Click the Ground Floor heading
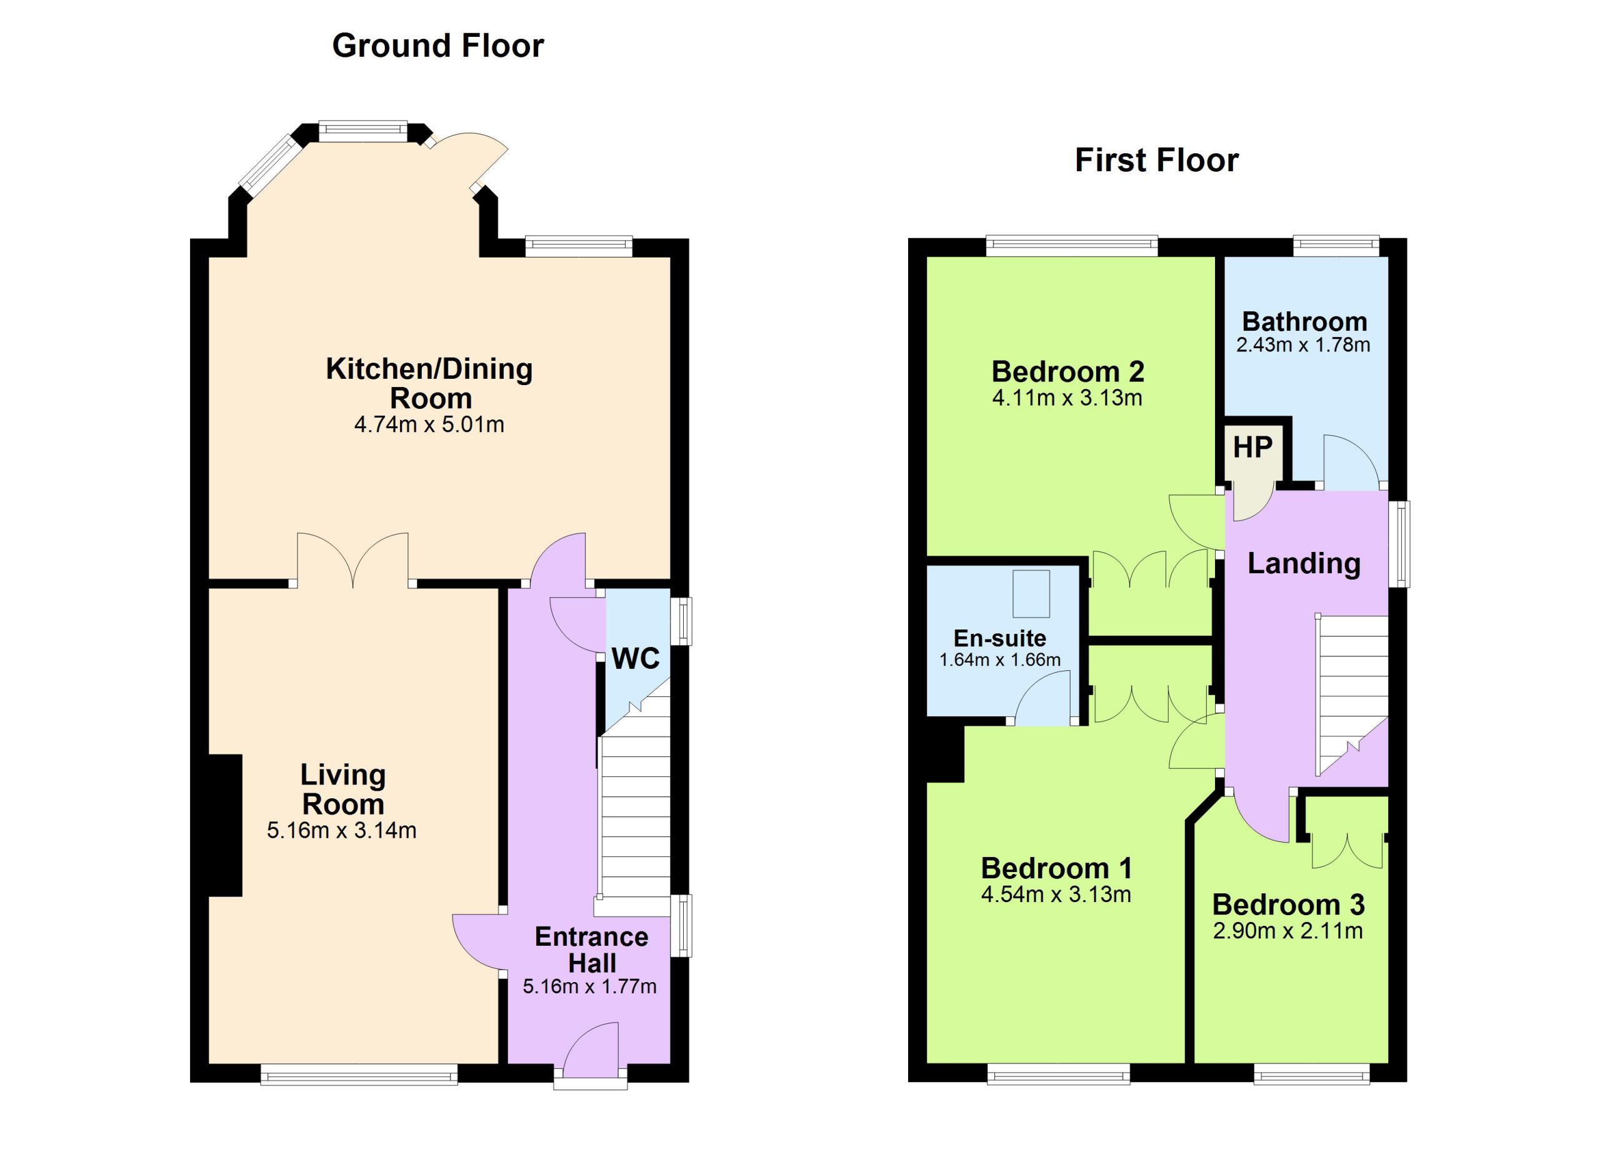[437, 46]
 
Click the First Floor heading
[1156, 160]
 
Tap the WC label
[635, 658]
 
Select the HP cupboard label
[1252, 447]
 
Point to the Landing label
[1304, 564]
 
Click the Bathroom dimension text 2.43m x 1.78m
[1303, 345]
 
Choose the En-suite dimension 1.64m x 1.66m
[999, 660]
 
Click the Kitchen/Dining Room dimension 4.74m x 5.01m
[429, 424]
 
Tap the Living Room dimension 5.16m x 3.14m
[341, 830]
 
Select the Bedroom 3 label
[1288, 905]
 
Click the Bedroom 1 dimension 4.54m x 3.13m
[1056, 895]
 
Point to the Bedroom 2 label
[1067, 371]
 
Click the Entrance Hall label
[591, 950]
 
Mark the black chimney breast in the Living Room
[226, 825]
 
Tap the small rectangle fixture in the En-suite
[1031, 594]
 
